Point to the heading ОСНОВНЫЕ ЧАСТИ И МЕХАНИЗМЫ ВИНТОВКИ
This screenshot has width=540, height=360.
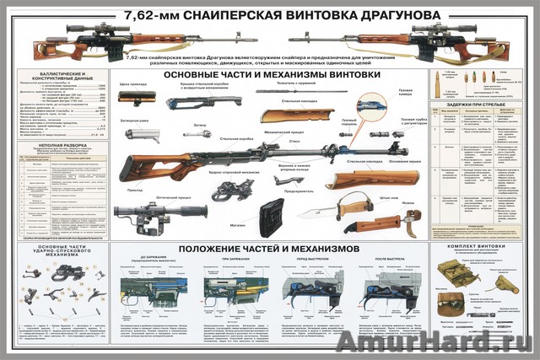tap(270, 75)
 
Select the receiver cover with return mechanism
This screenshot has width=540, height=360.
tap(202, 102)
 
